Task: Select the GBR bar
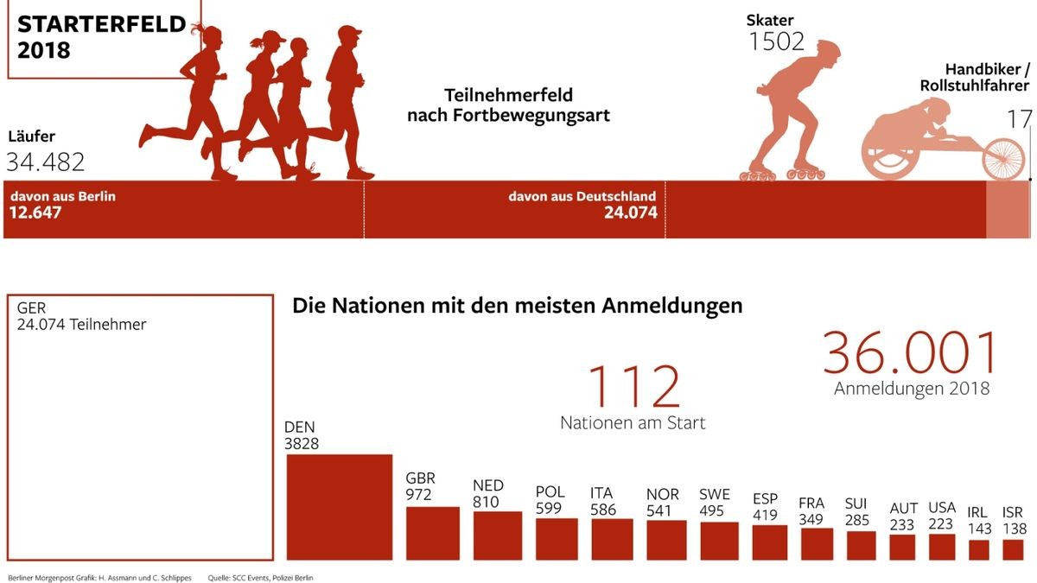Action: point(432,533)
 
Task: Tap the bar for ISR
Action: point(1013,550)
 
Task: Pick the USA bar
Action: point(941,547)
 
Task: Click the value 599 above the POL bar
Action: point(549,509)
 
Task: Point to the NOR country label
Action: point(663,494)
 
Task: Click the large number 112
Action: point(633,388)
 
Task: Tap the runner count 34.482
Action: point(46,162)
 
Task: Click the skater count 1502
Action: point(776,41)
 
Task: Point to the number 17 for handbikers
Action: point(1020,119)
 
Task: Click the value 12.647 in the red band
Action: point(36,212)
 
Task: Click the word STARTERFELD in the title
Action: point(102,25)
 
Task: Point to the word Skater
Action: point(770,20)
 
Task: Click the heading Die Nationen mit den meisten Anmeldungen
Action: point(517,306)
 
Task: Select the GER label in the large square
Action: point(31,308)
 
